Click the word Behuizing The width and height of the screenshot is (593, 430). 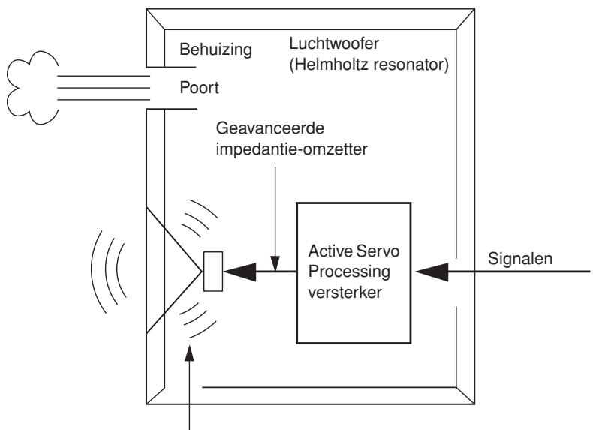215,50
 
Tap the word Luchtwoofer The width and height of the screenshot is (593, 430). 334,44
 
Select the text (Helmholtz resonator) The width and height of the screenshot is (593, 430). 369,65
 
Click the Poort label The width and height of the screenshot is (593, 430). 200,88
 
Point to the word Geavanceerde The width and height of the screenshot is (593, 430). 270,128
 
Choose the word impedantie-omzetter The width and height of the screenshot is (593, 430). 291,149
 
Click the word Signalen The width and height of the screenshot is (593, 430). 520,259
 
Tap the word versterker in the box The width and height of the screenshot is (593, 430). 345,293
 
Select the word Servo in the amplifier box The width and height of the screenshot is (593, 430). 378,251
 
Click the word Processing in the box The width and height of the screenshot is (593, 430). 349,272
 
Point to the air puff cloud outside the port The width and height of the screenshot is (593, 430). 32,88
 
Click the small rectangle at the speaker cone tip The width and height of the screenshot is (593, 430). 213,272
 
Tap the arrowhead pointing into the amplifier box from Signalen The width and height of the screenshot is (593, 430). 432,272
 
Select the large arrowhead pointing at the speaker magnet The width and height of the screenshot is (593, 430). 239,272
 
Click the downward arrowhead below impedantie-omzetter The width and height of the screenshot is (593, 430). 275,263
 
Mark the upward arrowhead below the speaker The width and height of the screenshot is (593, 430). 189,353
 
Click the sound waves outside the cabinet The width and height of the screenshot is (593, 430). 109,272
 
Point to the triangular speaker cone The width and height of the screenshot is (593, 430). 174,271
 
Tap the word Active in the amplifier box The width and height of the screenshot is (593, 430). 330,251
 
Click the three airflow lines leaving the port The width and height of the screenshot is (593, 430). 104,88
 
